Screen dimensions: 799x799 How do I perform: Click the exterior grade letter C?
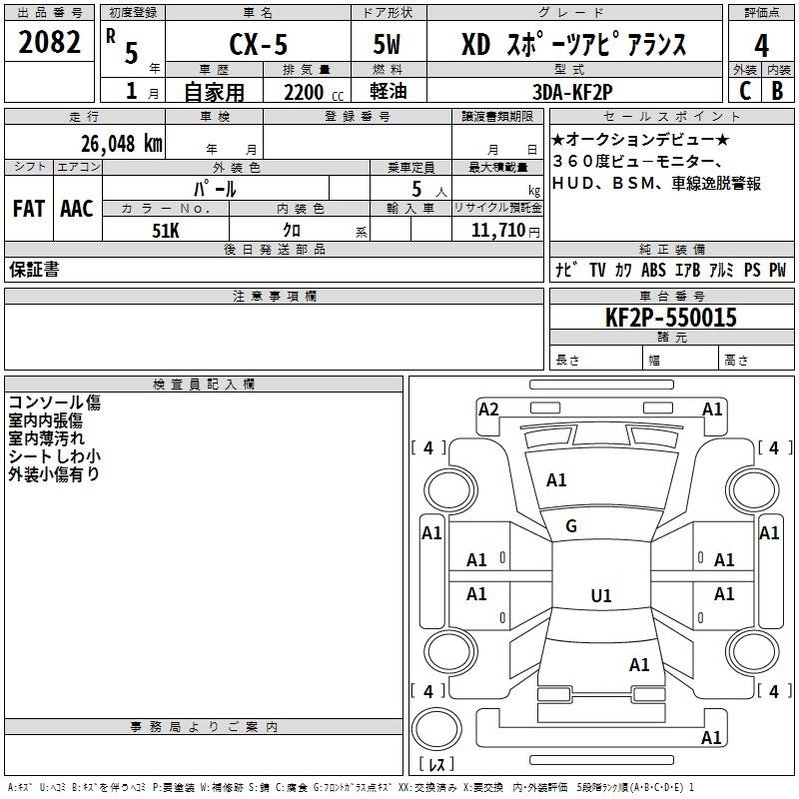pyautogui.click(x=745, y=89)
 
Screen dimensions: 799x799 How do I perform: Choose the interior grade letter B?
pyautogui.click(x=778, y=89)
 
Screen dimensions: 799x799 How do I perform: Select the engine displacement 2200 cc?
pyautogui.click(x=298, y=92)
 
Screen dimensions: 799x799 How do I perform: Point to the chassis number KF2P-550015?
pyautogui.click(x=670, y=318)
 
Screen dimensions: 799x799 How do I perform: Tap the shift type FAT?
pyautogui.click(x=28, y=209)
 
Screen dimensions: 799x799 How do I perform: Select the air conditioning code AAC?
pyautogui.click(x=76, y=209)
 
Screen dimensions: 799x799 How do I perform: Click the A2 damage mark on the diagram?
pyautogui.click(x=488, y=408)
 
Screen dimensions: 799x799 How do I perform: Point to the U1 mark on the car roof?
pyautogui.click(x=600, y=595)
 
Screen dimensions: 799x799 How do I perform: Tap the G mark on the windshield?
pyautogui.click(x=571, y=526)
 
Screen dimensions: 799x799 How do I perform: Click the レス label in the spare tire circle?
pyautogui.click(x=435, y=765)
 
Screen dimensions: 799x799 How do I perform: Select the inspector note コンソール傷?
pyautogui.click(x=54, y=402)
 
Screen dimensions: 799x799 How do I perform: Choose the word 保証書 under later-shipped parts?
pyautogui.click(x=34, y=270)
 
